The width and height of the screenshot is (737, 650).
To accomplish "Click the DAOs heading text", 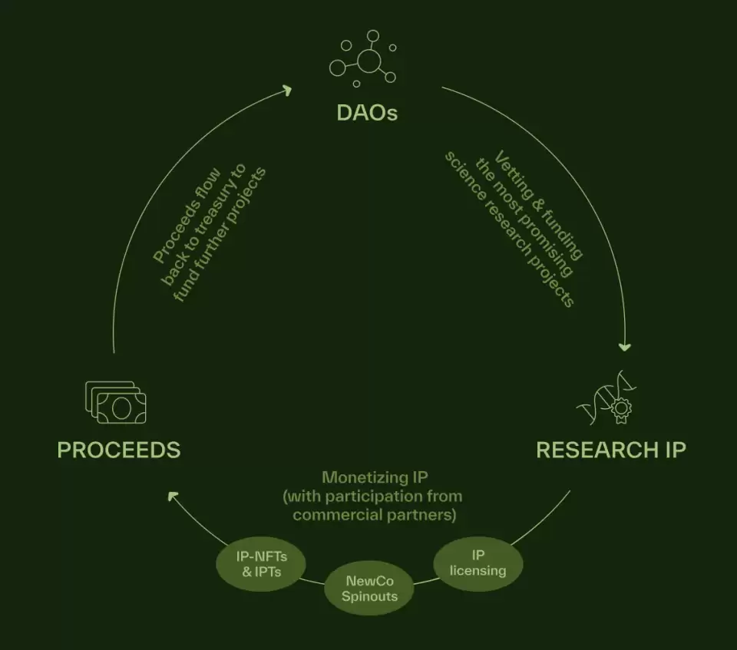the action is pyautogui.click(x=367, y=113).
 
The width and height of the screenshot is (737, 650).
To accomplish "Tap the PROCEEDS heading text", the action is pyautogui.click(x=119, y=450).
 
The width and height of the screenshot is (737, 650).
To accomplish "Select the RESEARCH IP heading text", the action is pyautogui.click(x=611, y=450).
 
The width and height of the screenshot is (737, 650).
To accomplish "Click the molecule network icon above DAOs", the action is pyautogui.click(x=363, y=59).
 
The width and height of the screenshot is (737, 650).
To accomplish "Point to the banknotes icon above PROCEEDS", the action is pyautogui.click(x=116, y=402).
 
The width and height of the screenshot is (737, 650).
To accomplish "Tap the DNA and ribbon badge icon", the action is pyautogui.click(x=606, y=398).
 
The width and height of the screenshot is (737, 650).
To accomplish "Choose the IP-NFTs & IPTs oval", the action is pyautogui.click(x=261, y=564).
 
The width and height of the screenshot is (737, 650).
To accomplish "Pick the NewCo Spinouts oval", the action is pyautogui.click(x=369, y=588).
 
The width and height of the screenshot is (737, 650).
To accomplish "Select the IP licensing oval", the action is pyautogui.click(x=478, y=563).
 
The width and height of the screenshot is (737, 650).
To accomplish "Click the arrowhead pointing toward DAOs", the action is pyautogui.click(x=286, y=90).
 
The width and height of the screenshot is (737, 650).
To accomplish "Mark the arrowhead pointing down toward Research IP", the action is pyautogui.click(x=625, y=347).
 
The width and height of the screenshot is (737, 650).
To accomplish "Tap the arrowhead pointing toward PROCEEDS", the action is pyautogui.click(x=173, y=497).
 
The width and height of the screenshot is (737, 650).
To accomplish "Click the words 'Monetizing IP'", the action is pyautogui.click(x=375, y=477).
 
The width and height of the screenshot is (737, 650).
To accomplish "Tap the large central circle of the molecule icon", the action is pyautogui.click(x=369, y=61).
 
